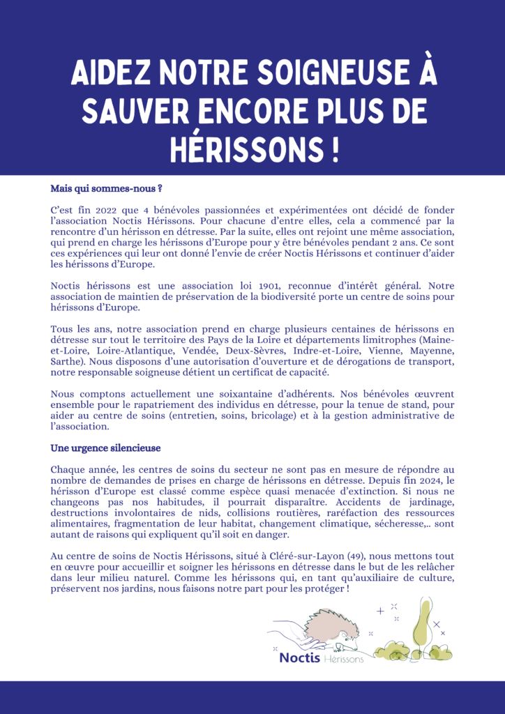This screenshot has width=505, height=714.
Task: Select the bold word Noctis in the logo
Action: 299,658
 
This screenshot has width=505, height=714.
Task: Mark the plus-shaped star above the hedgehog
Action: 380,611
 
